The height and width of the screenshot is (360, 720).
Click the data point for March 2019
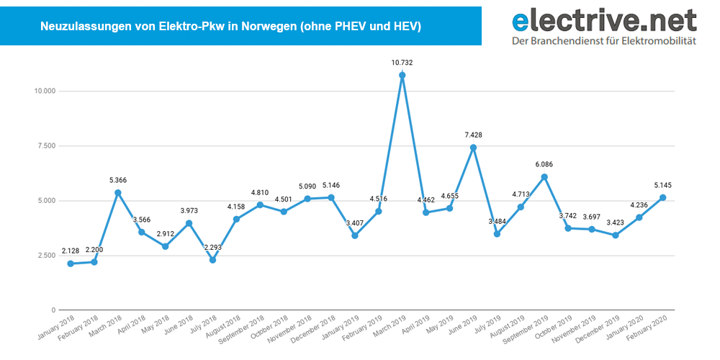[402, 75]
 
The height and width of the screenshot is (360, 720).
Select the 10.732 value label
[402, 63]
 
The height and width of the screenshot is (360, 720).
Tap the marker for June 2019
[473, 148]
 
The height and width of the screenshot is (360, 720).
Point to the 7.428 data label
[473, 135]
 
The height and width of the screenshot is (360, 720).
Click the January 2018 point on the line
[70, 264]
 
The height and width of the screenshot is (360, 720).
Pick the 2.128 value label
[70, 251]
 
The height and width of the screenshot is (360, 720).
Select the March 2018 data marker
[117, 192]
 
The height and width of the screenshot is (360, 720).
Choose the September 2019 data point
[544, 177]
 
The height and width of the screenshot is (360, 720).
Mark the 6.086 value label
[544, 164]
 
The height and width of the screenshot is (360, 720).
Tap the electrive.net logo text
[603, 19]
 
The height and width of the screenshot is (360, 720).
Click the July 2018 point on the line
[212, 260]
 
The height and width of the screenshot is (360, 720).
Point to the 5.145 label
[662, 184]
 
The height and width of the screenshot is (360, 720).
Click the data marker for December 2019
[615, 235]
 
